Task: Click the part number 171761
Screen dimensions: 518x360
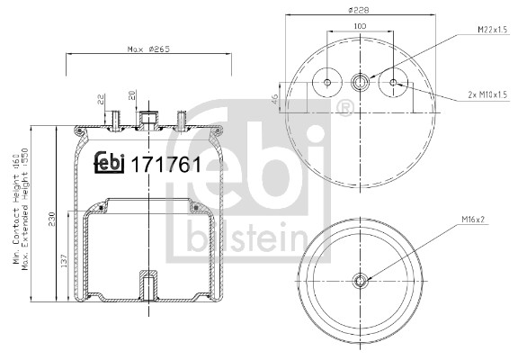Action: pos(166,165)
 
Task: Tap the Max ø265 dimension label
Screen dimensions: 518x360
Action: pos(148,49)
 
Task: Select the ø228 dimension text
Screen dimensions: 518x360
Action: pos(360,10)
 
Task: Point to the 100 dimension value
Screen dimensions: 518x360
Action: pos(360,26)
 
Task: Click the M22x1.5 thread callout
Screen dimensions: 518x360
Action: pos(492,30)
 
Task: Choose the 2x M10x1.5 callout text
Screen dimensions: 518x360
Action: pos(487,94)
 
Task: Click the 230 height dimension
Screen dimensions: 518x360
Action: pos(51,219)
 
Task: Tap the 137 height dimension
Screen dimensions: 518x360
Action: pos(64,260)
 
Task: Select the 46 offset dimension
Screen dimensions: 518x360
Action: pos(274,98)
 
